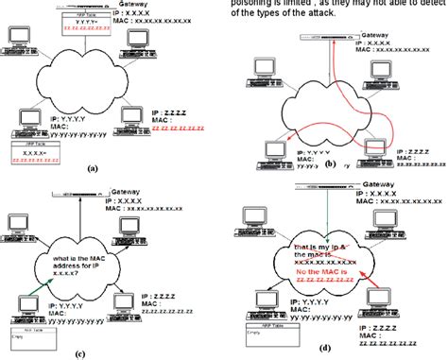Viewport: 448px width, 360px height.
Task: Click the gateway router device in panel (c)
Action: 78,192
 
